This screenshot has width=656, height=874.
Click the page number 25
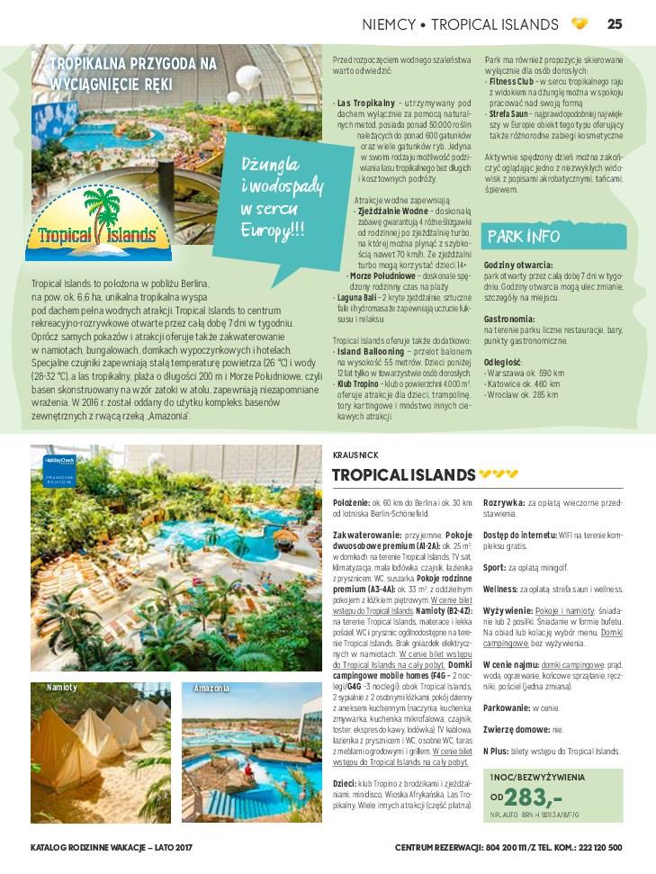click(615, 24)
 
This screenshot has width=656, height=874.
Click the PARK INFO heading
click(524, 237)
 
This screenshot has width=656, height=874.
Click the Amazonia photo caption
click(211, 689)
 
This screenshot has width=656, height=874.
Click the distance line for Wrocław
click(524, 394)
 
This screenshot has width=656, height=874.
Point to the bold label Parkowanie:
click(506, 707)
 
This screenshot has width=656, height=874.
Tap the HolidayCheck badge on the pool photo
click(49, 467)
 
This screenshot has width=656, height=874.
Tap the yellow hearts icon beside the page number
click(580, 24)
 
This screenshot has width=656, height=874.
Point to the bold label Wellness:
click(499, 590)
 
